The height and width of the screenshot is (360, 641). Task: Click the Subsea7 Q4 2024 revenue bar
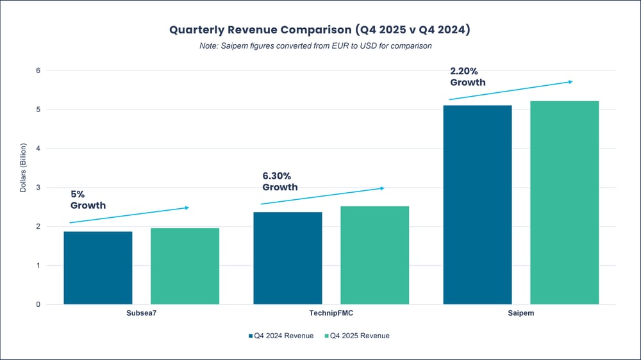point(98,268)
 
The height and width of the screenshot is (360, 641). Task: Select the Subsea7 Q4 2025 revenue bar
point(185,266)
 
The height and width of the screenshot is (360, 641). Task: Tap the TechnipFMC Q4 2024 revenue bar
point(288,258)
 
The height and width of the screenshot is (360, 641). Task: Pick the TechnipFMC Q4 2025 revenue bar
point(374,255)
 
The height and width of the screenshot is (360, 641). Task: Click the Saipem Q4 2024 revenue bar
point(478,204)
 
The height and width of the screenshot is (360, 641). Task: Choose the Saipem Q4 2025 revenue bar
point(564,202)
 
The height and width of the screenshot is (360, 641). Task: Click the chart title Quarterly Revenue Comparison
point(320,30)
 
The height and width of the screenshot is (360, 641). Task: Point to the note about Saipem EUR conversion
point(320,45)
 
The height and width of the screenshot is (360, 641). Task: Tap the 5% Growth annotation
point(88,199)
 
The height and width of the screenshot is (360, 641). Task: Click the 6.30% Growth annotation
point(280,181)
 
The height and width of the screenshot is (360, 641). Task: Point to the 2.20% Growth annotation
point(468,76)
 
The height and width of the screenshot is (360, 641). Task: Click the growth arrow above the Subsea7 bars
point(129,215)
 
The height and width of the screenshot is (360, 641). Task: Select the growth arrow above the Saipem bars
point(510,90)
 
